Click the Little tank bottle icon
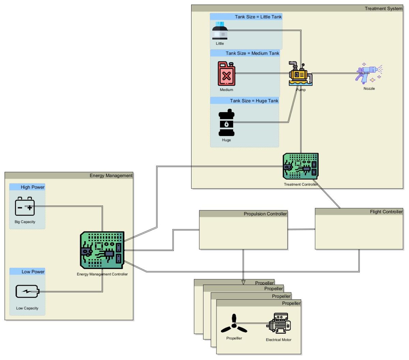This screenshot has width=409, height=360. [220, 31]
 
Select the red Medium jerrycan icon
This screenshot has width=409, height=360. [226, 74]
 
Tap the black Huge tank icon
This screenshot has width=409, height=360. [226, 123]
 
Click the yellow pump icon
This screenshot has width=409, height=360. [300, 74]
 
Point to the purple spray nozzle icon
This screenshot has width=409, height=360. [369, 73]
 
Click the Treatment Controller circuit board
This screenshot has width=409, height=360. [301, 166]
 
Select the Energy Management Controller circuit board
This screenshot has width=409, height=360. [102, 250]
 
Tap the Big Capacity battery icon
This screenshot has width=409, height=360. [25, 207]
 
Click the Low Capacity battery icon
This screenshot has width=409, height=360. [27, 291]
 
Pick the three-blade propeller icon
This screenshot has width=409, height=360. [234, 325]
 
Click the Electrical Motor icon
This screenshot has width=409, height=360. [278, 323]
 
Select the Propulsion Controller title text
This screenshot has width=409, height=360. [265, 214]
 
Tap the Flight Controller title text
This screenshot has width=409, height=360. [386, 212]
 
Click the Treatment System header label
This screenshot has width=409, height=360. [383, 9]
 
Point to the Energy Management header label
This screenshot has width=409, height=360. [111, 176]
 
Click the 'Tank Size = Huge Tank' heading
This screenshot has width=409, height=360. [254, 101]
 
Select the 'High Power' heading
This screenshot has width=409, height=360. [32, 187]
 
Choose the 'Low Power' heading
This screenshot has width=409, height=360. [33, 272]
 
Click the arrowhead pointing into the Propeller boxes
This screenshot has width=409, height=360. [243, 282]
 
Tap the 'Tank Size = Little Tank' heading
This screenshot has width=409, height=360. [258, 17]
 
